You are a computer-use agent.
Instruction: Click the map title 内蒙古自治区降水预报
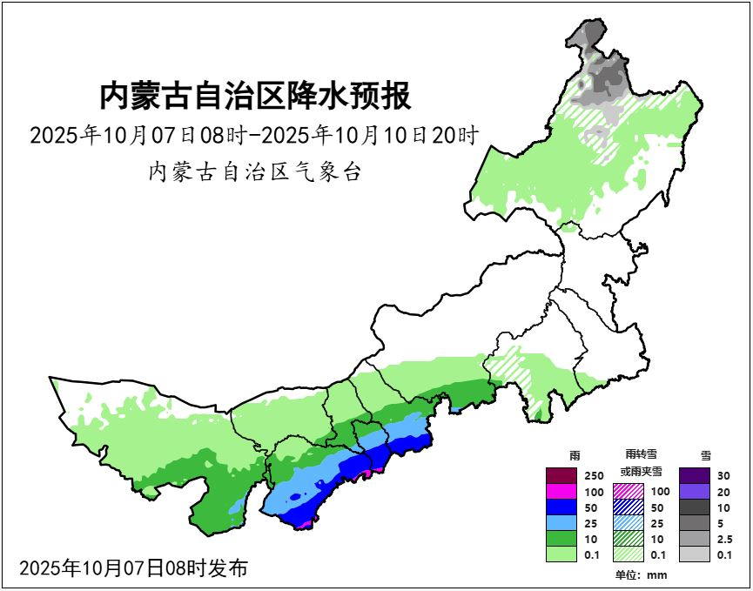click(255, 96)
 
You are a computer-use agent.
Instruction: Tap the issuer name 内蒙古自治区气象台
click(255, 171)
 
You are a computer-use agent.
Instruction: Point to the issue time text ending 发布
click(133, 568)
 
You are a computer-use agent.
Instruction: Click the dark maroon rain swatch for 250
click(562, 476)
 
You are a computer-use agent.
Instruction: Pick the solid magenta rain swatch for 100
click(562, 492)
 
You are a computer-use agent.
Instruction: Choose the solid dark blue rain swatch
click(562, 507)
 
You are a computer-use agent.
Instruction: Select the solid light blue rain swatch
click(562, 523)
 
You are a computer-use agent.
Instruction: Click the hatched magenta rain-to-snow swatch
click(629, 492)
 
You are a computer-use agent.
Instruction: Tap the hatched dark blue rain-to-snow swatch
click(629, 507)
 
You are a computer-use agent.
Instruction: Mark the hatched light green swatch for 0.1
click(629, 554)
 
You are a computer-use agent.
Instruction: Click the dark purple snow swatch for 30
click(696, 476)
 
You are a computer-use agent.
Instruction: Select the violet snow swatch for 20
click(696, 492)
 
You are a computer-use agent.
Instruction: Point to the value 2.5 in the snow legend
click(724, 540)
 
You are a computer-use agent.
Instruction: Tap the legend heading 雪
click(705, 454)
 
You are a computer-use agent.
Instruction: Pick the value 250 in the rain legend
click(593, 476)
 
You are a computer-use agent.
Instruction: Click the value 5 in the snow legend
click(721, 524)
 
